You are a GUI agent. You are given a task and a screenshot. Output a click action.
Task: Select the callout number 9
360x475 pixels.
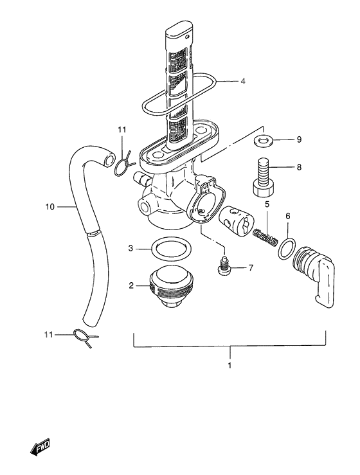tap(299, 139)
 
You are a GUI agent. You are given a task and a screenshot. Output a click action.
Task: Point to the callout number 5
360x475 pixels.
tap(267, 206)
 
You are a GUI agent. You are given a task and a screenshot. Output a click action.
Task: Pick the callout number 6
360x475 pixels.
tap(288, 216)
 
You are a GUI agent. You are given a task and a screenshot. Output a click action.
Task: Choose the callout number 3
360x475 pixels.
tap(130, 247)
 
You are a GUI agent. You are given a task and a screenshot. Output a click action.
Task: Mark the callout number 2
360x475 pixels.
tap(130, 285)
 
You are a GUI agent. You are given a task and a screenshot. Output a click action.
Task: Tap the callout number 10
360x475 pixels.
tap(51, 207)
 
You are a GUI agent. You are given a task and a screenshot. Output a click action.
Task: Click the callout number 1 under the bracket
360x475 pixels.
tap(230, 364)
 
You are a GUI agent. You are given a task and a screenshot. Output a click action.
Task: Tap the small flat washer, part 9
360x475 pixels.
tap(264, 139)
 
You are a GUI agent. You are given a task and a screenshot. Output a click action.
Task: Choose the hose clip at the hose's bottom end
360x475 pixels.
tap(85, 337)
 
